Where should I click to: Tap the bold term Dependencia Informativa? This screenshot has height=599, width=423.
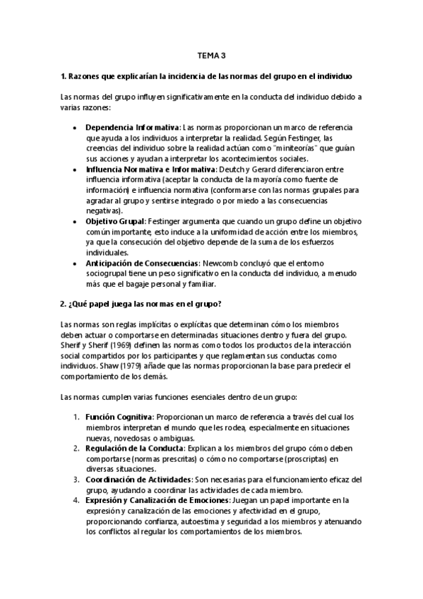pos(132,127)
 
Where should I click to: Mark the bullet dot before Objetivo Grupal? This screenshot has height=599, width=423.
pos(75,221)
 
